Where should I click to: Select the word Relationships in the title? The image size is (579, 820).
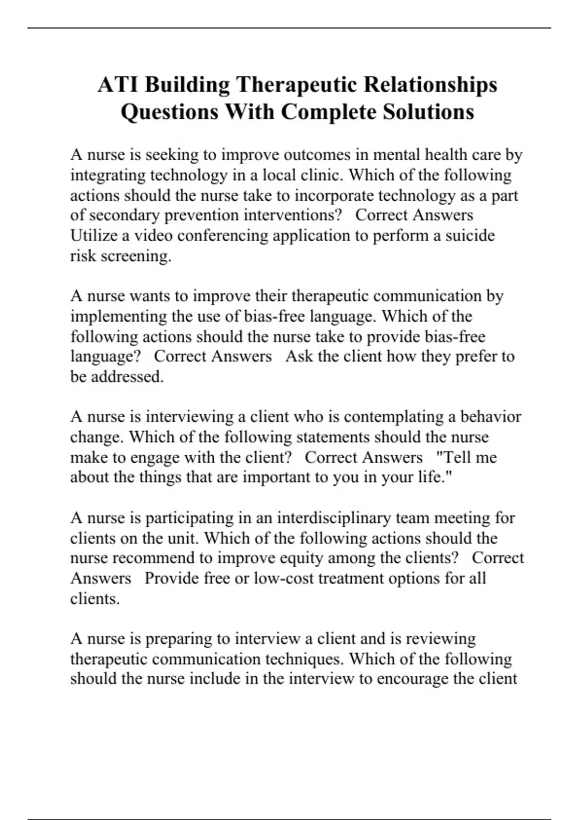click(x=430, y=85)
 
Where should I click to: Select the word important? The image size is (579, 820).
click(x=275, y=477)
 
